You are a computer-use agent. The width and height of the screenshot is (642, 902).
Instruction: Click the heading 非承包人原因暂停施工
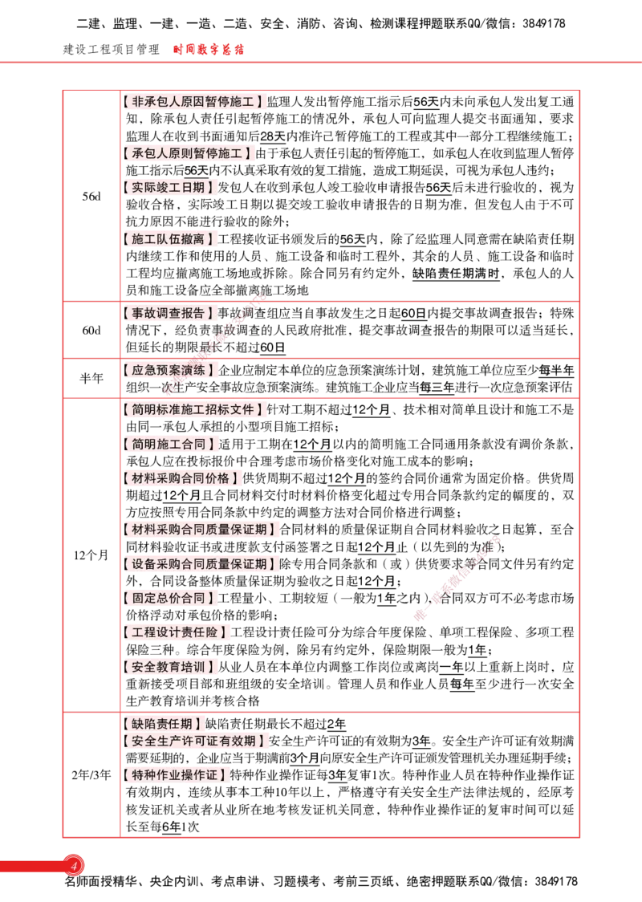coord(195,102)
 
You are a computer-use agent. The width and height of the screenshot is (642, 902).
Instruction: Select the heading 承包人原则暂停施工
coord(189,152)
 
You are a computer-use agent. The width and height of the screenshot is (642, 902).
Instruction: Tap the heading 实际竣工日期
coord(169,187)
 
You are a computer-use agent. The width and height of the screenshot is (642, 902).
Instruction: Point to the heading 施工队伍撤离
coord(169,238)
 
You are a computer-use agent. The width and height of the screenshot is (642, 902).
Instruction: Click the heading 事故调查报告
coord(169,313)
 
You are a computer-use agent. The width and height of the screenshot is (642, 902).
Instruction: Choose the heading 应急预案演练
coord(169,370)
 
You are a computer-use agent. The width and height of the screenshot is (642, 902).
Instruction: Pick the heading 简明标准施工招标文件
coord(195,410)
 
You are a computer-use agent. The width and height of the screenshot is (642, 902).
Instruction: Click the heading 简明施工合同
coord(171,444)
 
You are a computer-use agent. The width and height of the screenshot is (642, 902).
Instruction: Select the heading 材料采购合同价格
coord(182,478)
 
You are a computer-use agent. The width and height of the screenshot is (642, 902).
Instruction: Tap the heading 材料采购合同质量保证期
coord(201,530)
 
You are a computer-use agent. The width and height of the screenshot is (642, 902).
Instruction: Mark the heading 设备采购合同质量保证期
coord(201,564)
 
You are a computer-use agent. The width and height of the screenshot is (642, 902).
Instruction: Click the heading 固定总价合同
coord(169,598)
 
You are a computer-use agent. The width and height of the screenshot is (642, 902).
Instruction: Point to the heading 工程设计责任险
coord(176,632)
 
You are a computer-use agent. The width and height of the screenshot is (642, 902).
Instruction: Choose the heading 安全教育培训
coord(169,667)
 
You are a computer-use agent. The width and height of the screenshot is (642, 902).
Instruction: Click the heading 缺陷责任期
coord(163,724)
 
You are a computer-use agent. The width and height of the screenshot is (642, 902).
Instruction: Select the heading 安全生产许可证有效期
coord(195,741)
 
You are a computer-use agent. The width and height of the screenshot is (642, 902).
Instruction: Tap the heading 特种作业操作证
coord(176,775)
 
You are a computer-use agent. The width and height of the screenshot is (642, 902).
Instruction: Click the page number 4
coord(74,866)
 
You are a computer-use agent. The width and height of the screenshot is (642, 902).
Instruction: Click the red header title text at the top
coord(209,51)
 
